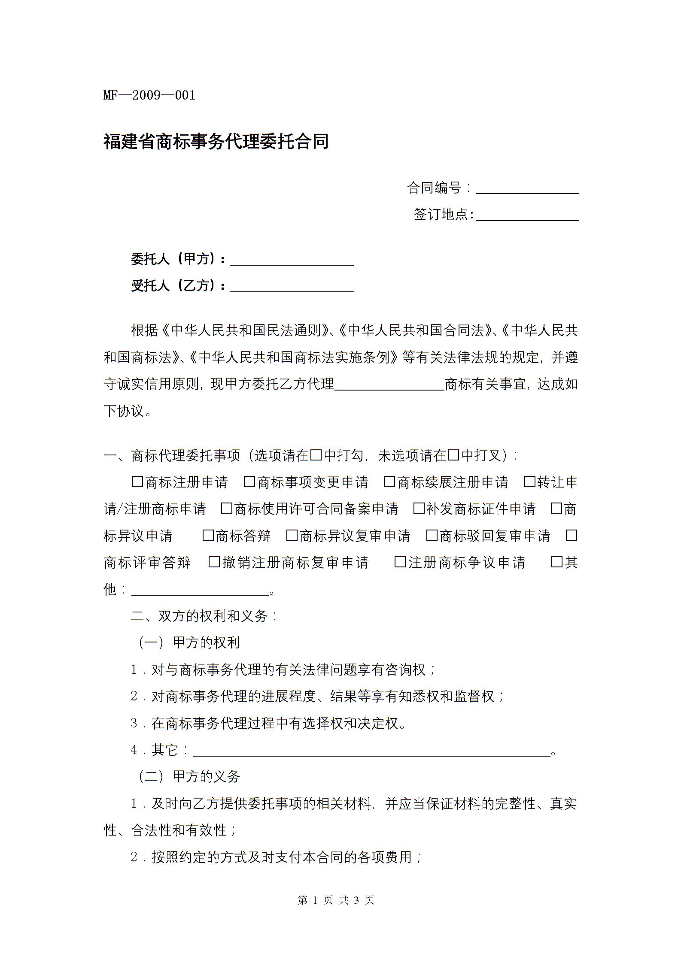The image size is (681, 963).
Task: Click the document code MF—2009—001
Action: pyautogui.click(x=149, y=95)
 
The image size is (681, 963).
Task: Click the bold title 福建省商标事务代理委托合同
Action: pyautogui.click(x=216, y=141)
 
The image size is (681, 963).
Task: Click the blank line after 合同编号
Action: pyautogui.click(x=527, y=189)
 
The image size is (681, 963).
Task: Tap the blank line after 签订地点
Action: pyautogui.click(x=527, y=215)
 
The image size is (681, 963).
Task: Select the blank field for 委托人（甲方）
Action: pyautogui.click(x=292, y=260)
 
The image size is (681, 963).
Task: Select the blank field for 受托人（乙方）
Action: pyautogui.click(x=292, y=287)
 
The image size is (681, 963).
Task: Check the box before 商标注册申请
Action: pyautogui.click(x=137, y=482)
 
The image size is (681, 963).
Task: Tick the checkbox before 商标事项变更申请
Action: pyautogui.click(x=249, y=482)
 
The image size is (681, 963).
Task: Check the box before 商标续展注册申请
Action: pyautogui.click(x=389, y=482)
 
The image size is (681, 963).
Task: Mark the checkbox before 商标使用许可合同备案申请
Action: pyautogui.click(x=226, y=509)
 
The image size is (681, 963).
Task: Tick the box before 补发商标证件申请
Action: pyautogui.click(x=418, y=509)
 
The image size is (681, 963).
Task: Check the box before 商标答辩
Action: pyautogui.click(x=208, y=536)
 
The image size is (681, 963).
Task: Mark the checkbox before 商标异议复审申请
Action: pyautogui.click(x=292, y=536)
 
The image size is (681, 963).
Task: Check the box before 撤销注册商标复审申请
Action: pyautogui.click(x=214, y=562)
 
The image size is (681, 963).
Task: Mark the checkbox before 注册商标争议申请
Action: pyautogui.click(x=400, y=562)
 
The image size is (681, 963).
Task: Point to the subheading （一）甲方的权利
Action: pyautogui.click(x=189, y=643)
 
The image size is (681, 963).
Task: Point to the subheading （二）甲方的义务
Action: pyautogui.click(x=189, y=776)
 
